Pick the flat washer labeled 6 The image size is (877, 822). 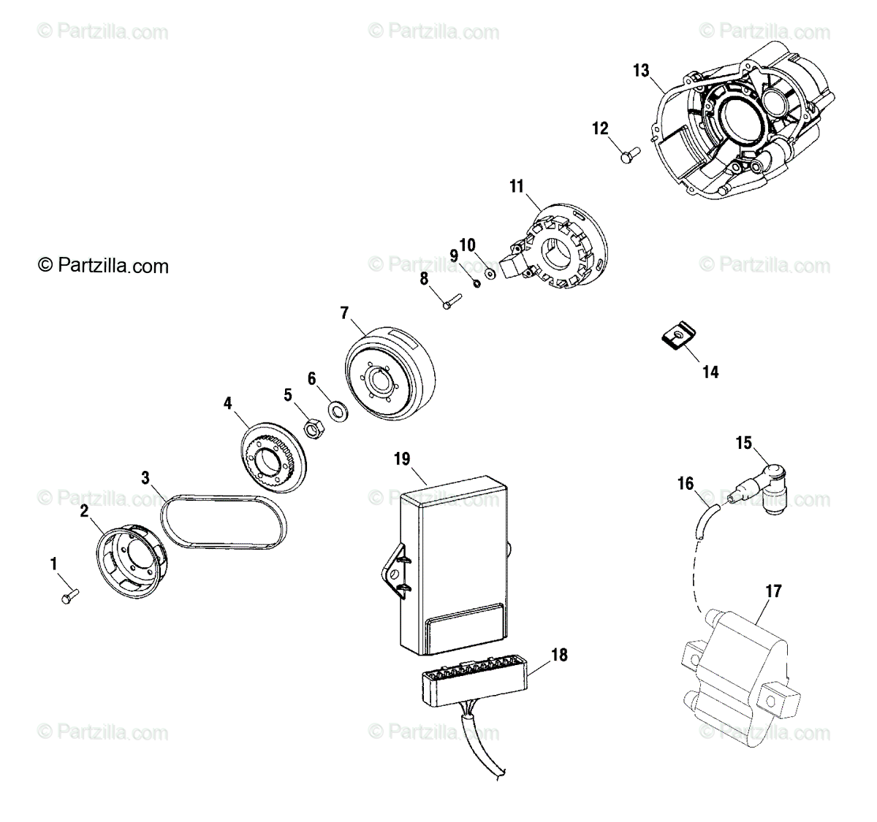click(x=338, y=411)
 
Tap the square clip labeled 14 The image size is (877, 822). click(x=677, y=337)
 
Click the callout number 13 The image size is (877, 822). click(x=641, y=71)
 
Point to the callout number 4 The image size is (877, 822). click(x=227, y=402)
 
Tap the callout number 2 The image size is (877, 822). click(x=84, y=511)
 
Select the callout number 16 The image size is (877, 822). click(x=686, y=483)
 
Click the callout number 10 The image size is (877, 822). click(x=467, y=243)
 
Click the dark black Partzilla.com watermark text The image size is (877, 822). click(x=103, y=266)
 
